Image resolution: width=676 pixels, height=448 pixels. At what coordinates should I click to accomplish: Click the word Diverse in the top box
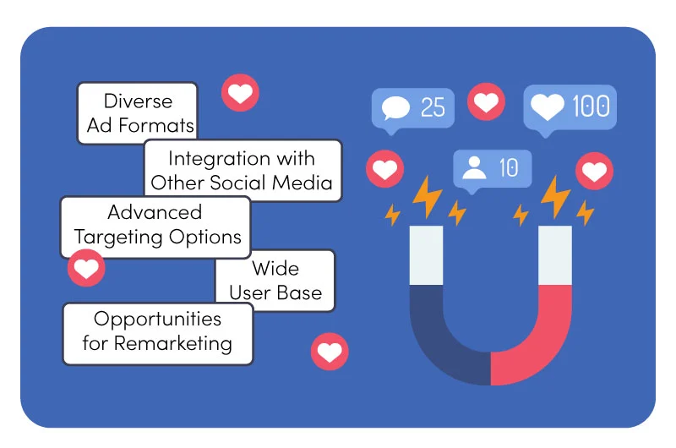click(x=138, y=101)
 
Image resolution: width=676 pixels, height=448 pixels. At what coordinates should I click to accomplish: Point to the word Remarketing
click(x=173, y=344)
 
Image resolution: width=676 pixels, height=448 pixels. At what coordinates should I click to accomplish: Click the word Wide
click(x=275, y=268)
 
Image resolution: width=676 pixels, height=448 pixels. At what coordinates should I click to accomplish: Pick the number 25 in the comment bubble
click(x=433, y=107)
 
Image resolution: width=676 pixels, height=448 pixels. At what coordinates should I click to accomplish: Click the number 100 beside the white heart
click(x=591, y=106)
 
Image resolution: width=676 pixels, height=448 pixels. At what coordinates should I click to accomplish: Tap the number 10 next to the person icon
click(x=509, y=167)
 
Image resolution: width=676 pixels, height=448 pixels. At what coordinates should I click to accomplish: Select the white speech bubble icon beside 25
click(x=395, y=108)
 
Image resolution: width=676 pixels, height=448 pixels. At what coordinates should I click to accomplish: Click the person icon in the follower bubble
click(x=474, y=167)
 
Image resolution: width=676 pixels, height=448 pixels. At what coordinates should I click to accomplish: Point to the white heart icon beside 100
click(x=547, y=107)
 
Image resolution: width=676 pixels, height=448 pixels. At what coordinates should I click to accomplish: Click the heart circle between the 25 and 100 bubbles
click(x=487, y=102)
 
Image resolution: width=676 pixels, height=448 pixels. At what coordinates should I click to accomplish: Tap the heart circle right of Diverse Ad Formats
click(x=240, y=93)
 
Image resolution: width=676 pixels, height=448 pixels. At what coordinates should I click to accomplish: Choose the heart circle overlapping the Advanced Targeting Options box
click(x=86, y=268)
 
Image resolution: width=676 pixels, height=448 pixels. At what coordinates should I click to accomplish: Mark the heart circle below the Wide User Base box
click(x=330, y=352)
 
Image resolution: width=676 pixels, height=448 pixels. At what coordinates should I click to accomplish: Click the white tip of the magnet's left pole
click(x=426, y=255)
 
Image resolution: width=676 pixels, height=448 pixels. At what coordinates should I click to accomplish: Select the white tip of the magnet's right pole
click(x=555, y=255)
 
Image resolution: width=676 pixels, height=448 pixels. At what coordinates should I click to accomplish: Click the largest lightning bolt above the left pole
click(x=427, y=197)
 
